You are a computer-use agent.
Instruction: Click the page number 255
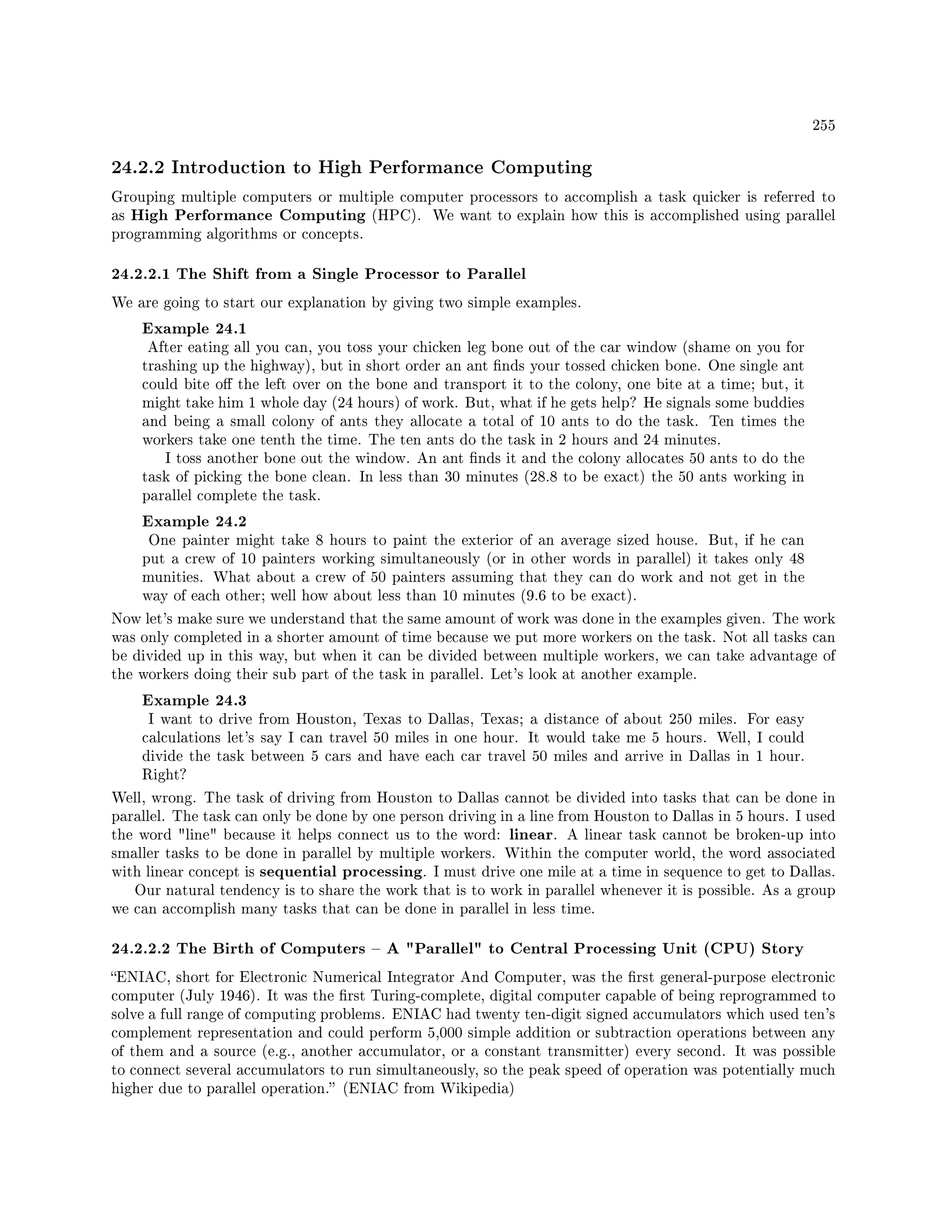824,125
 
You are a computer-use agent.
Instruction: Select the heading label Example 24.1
194,328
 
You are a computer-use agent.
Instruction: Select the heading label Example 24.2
194,521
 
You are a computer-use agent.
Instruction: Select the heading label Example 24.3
194,700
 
